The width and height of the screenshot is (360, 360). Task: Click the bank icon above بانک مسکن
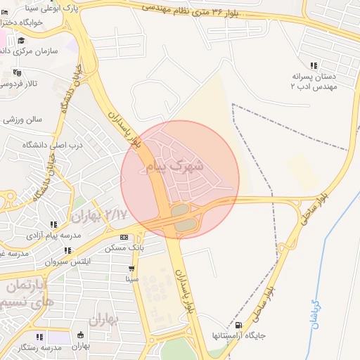point(124,237)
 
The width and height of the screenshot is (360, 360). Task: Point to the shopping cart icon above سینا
point(131,268)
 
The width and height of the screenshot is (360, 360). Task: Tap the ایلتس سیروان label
point(68,262)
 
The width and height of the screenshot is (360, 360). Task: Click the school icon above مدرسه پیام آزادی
point(54,224)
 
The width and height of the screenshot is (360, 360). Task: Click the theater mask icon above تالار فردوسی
point(17,72)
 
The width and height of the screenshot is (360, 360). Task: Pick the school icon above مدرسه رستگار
point(52,337)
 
